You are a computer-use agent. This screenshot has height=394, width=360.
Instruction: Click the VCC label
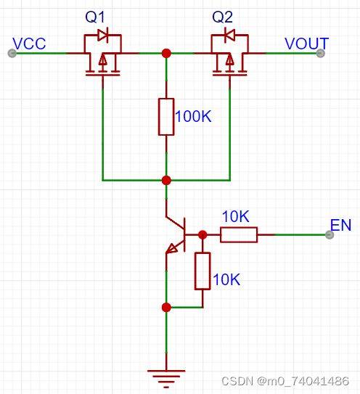[30, 44]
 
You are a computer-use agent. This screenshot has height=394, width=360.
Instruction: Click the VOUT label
[306, 44]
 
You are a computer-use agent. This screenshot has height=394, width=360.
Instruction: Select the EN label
[340, 225]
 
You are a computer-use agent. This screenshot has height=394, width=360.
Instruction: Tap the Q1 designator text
[96, 16]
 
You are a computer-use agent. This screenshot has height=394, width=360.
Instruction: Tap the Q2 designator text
[222, 16]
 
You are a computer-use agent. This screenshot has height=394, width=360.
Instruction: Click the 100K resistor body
[166, 116]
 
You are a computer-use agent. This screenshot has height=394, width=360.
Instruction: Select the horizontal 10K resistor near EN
[239, 234]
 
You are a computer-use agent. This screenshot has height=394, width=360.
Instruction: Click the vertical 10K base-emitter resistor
[202, 271]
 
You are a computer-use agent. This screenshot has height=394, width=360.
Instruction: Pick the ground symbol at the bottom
[166, 375]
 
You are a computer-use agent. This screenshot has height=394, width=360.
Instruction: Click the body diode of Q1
[102, 35]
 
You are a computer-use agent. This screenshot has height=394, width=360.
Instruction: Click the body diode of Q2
[229, 35]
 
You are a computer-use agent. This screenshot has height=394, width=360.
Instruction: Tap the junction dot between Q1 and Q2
[166, 53]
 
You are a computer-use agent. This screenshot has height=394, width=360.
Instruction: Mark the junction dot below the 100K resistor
[166, 179]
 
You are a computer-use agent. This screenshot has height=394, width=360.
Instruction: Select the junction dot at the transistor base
[202, 234]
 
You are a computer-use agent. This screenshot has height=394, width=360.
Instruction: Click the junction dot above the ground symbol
[166, 307]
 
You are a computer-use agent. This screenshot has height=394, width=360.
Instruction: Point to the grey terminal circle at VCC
[11, 53]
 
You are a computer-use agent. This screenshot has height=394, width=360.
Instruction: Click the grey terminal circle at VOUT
[320, 53]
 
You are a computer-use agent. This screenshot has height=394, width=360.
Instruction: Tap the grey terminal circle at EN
[330, 234]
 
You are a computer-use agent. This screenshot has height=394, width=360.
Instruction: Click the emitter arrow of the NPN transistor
[173, 248]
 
